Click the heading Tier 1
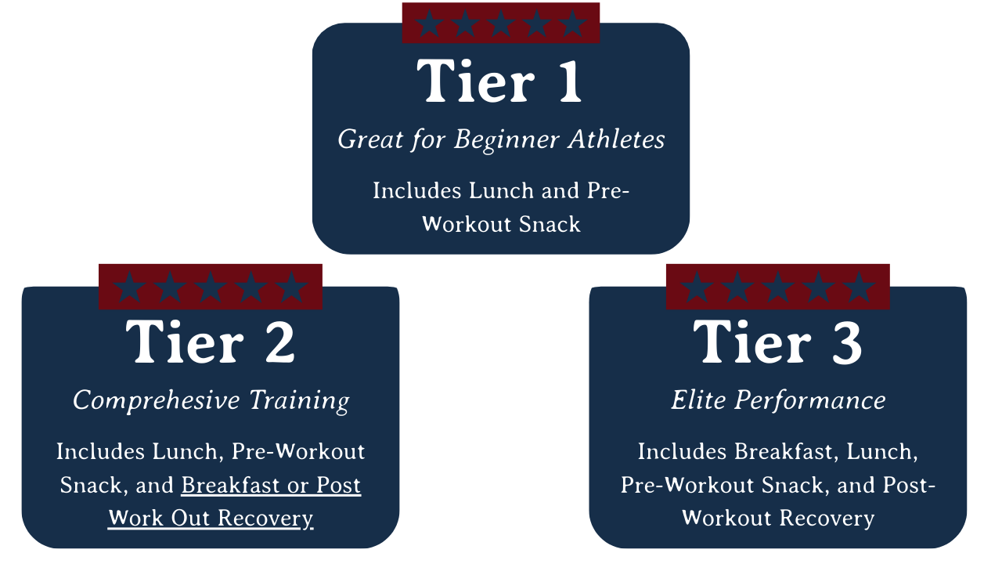[x=499, y=81]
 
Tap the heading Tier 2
[x=211, y=342]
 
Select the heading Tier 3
[x=777, y=342]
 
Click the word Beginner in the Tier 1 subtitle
[x=506, y=140]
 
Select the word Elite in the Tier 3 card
[x=698, y=399]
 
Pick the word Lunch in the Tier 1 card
[x=502, y=190]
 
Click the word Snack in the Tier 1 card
[x=550, y=224]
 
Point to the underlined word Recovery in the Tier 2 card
[x=265, y=519]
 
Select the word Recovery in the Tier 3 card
[x=827, y=519]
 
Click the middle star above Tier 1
[x=500, y=23]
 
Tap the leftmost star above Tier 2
[x=130, y=287]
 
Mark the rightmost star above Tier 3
[x=859, y=287]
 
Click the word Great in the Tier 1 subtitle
[x=370, y=139]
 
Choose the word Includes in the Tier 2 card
[x=100, y=451]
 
